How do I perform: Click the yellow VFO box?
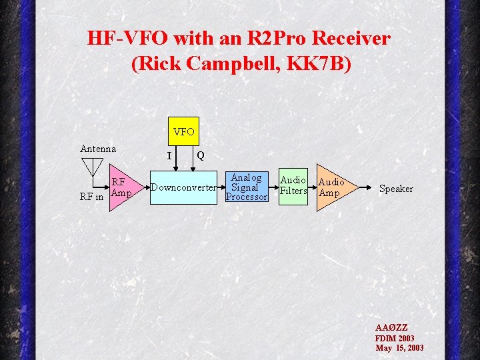coord(183,131)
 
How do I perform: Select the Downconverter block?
coord(183,187)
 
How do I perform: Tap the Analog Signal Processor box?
coord(246,187)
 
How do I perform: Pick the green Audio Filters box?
coord(293,186)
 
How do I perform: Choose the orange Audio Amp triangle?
coord(333,187)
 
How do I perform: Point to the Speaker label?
coord(396,189)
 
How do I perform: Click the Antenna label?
coord(98,149)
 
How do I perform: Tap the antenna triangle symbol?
coord(91,165)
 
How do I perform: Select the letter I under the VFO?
coord(169,157)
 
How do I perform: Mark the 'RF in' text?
coord(91,197)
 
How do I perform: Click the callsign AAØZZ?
coord(391,327)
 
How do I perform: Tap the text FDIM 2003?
coord(395,338)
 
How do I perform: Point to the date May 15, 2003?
coord(399,348)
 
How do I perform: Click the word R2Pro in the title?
coord(257,39)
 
